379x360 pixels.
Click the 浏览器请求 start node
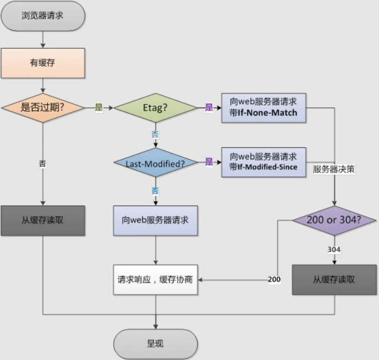[43, 15]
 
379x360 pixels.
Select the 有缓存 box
[43, 63]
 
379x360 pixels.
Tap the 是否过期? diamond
[43, 107]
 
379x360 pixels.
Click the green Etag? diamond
[155, 107]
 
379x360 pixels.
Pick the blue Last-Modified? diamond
[155, 163]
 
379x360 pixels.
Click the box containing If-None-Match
[264, 107]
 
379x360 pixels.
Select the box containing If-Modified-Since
[264, 162]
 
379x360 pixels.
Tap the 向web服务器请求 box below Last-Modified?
[155, 220]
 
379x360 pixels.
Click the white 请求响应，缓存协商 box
[155, 279]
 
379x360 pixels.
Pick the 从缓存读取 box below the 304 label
[334, 279]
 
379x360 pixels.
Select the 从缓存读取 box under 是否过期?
[43, 220]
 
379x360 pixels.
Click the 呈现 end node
[155, 344]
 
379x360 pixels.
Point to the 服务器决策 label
[334, 169]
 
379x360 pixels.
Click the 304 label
[334, 249]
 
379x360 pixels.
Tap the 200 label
[274, 279]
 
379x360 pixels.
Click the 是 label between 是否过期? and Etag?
[99, 107]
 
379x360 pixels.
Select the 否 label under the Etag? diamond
[155, 134]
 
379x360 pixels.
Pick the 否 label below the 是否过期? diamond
[43, 163]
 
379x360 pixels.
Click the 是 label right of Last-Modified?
[209, 162]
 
